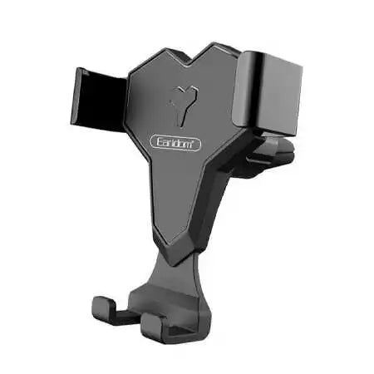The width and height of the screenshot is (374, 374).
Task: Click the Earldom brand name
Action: click(x=176, y=144)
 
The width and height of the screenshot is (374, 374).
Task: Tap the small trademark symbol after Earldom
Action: click(x=199, y=140)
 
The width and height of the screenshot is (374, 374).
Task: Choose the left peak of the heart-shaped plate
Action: click(x=161, y=55)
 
